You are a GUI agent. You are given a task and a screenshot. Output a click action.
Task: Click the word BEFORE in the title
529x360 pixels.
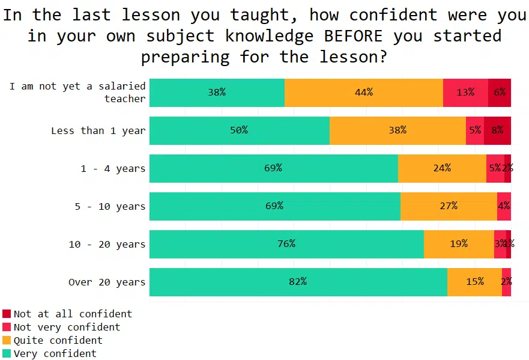(353, 36)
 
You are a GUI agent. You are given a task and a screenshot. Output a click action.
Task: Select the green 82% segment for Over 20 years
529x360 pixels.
(298, 282)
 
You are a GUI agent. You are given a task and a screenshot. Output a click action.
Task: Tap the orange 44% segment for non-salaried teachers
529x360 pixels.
(363, 93)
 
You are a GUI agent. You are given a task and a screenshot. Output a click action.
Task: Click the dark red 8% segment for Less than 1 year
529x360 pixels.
(497, 130)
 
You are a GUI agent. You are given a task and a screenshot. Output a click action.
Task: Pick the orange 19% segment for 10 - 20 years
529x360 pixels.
(459, 244)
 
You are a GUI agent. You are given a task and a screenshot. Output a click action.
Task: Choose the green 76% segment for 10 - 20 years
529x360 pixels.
(286, 244)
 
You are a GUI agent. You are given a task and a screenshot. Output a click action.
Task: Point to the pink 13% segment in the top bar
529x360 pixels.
(465, 93)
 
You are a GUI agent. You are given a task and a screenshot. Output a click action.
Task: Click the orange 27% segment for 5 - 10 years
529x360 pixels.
(449, 206)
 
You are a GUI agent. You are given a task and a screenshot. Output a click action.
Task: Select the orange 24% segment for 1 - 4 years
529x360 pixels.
(442, 168)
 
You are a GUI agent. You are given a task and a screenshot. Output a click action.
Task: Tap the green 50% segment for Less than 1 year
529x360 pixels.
(239, 130)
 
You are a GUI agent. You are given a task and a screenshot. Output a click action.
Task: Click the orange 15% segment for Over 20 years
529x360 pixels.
(474, 282)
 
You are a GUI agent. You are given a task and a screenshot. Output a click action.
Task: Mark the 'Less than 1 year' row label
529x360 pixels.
(98, 130)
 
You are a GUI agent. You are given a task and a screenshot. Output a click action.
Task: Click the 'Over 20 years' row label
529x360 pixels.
(106, 282)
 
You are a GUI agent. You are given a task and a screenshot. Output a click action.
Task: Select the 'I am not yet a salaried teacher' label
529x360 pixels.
(77, 93)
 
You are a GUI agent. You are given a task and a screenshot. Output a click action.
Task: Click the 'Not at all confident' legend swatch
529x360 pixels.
(7, 314)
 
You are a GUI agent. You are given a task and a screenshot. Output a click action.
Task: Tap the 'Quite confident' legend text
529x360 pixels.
(58, 340)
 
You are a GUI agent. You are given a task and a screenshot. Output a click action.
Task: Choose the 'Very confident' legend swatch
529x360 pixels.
(7, 353)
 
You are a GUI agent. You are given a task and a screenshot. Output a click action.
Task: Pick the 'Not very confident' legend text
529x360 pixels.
(67, 327)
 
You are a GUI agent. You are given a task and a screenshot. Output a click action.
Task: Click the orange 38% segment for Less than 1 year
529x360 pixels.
(398, 130)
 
